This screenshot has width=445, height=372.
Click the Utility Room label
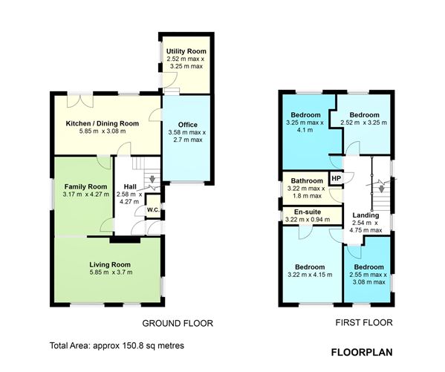tap(186, 51)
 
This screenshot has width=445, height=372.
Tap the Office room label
tap(188, 125)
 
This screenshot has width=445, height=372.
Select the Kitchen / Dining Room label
tap(103, 123)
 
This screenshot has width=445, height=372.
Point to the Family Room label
tap(85, 186)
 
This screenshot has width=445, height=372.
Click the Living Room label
tap(110, 265)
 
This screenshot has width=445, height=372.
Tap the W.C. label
tap(153, 210)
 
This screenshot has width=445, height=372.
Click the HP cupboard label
tap(336, 178)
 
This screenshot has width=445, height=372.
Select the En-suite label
tap(308, 212)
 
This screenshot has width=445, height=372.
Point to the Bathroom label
tap(307, 180)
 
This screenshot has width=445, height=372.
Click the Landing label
tap(366, 215)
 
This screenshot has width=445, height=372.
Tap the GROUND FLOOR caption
tap(178, 323)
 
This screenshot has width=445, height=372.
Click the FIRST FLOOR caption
tap(364, 323)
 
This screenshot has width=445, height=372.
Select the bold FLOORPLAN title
tap(362, 352)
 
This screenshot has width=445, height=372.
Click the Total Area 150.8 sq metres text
tap(117, 345)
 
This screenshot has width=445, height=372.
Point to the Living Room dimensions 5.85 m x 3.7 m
tap(111, 273)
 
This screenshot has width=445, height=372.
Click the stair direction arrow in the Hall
tap(152, 179)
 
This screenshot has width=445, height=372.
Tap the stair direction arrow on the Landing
tap(381, 189)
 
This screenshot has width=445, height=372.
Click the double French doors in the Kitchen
tap(80, 101)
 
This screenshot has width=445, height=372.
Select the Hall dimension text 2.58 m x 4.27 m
tap(129, 198)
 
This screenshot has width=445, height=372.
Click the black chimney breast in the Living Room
tap(125, 240)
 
